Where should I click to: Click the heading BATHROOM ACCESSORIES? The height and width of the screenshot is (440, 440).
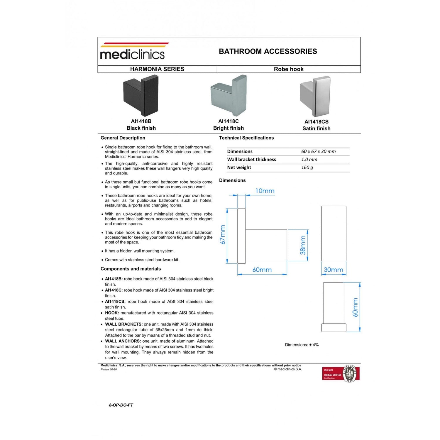coord(268,51)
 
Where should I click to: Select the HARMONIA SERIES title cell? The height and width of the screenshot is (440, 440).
coord(157,69)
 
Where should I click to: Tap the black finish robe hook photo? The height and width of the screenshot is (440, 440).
coord(141,96)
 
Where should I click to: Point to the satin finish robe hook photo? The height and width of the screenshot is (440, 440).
coord(316,96)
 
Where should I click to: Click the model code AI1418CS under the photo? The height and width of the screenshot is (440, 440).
coord(316,122)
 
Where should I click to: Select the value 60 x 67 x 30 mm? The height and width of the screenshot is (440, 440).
coord(318,152)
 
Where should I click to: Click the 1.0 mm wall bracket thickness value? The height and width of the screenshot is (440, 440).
coord(309,160)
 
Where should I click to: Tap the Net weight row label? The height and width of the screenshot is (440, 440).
coord(239,167)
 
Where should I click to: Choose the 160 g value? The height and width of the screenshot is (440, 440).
coord(307,167)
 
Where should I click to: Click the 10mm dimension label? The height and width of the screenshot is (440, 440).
coord(265,191)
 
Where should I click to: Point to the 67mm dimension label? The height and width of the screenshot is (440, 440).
coord(223,235)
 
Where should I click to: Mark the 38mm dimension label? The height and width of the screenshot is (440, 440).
coord(303,245)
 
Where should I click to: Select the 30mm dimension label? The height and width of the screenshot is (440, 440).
coord(333,270)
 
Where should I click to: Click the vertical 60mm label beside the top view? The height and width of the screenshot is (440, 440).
coord(355,307)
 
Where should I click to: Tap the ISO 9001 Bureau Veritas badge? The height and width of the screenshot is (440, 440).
coord(341,374)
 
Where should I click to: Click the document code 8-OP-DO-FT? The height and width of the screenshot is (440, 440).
coord(121,405)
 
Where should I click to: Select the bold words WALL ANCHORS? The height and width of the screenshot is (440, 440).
coord(123,341)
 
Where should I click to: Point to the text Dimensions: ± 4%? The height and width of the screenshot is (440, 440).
coord(302,345)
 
